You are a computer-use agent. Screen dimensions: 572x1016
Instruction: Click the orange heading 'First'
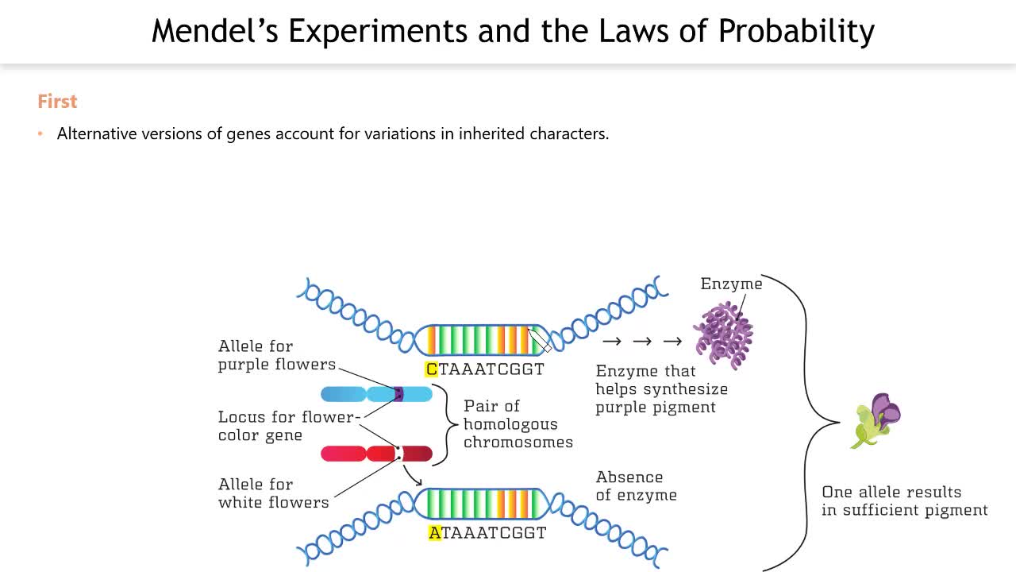pyautogui.click(x=57, y=102)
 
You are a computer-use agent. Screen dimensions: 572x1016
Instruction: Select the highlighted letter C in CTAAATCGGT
pyautogui.click(x=432, y=369)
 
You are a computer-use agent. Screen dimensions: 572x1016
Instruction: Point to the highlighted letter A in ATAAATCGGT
pyautogui.click(x=434, y=533)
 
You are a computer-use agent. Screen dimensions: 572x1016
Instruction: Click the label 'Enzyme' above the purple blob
pyautogui.click(x=731, y=284)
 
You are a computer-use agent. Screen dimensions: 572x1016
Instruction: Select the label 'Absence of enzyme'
pyautogui.click(x=636, y=486)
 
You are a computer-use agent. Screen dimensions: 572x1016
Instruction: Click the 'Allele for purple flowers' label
pyautogui.click(x=276, y=355)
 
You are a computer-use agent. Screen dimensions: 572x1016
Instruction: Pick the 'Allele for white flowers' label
pyautogui.click(x=273, y=493)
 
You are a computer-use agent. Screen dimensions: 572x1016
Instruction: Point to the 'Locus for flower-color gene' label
pyautogui.click(x=289, y=426)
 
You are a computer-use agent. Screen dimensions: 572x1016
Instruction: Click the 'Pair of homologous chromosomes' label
pyautogui.click(x=518, y=424)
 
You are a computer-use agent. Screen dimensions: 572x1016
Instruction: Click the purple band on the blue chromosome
pyautogui.click(x=398, y=394)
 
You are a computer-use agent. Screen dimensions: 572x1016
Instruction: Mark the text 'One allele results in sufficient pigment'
pyautogui.click(x=904, y=501)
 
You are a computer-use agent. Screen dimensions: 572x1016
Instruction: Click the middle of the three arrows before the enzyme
pyautogui.click(x=642, y=342)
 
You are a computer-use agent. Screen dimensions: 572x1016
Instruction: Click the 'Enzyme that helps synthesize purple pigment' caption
pyautogui.click(x=661, y=389)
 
